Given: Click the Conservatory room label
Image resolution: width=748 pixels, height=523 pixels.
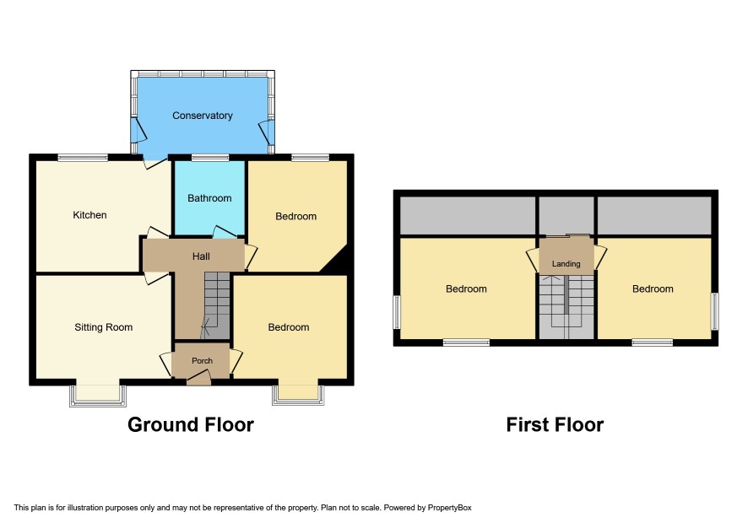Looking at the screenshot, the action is [203, 116].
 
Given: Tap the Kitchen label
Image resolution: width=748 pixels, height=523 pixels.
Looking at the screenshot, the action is [89, 215].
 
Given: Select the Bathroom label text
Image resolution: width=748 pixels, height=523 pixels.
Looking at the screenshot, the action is [209, 198].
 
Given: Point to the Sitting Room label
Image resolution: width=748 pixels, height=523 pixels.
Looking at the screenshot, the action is [104, 327].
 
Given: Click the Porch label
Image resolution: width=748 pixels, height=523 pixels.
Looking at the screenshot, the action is [203, 361].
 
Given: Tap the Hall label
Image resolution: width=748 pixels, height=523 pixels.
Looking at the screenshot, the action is [201, 256].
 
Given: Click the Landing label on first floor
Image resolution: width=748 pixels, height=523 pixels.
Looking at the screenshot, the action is [566, 264].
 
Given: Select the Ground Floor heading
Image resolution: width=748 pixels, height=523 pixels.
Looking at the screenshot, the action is [191, 424].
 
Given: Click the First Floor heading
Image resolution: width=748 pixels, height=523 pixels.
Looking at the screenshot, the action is [555, 424].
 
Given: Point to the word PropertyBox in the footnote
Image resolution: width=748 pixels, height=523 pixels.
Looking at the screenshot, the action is [449, 508].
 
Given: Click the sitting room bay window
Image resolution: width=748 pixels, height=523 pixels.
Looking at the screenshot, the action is [98, 396].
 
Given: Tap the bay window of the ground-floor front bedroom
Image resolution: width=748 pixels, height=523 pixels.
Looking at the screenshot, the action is [298, 395].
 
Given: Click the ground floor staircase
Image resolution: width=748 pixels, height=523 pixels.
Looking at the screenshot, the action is [217, 305].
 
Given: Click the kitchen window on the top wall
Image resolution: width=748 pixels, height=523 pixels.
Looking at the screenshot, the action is [83, 157].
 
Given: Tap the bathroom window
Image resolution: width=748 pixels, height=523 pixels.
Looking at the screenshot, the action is [210, 157].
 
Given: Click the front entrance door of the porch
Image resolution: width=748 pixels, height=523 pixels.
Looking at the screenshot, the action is [198, 379].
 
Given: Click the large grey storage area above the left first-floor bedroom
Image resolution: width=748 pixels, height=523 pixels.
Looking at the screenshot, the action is [468, 215].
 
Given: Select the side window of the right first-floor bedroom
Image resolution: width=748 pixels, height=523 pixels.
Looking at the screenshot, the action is [714, 310].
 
